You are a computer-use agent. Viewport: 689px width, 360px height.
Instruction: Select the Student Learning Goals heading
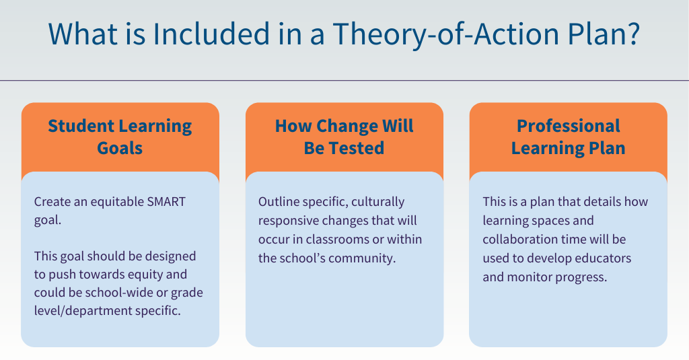coord(120,137)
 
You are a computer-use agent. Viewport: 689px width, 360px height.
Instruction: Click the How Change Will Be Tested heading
coord(344,137)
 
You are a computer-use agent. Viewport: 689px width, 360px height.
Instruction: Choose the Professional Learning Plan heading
coord(568,137)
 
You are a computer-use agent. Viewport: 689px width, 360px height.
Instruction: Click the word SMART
coord(165,201)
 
